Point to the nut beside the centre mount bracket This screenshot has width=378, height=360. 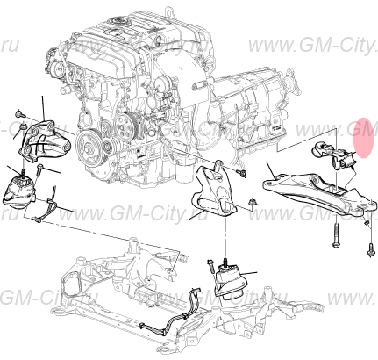click(x=253, y=204)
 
